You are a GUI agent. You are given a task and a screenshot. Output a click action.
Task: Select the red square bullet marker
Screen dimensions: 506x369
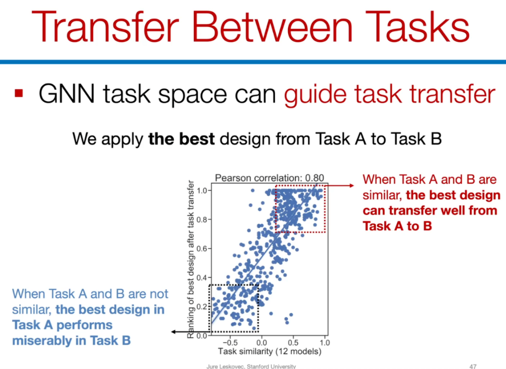tap(19, 93)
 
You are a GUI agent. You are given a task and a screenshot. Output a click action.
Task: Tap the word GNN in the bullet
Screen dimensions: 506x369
tap(67, 94)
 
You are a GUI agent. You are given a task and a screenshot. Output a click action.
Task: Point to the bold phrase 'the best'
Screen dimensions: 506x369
tap(181, 139)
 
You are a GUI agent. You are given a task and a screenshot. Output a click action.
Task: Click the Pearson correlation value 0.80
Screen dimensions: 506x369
tap(314, 178)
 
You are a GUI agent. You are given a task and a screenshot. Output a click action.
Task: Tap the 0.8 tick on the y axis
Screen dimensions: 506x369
tap(202, 220)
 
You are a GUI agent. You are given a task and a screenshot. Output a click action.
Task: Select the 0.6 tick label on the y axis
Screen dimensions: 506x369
tap(202, 249)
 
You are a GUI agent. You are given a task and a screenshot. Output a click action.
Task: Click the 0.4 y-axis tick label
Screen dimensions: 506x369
tap(202, 278)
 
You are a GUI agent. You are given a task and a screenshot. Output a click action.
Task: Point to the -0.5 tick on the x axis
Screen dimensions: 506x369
tap(230, 343)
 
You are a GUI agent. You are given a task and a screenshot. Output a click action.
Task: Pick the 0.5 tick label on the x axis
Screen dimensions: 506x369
tap(293, 343)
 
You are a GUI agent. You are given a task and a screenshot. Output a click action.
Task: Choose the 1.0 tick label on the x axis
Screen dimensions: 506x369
tap(325, 343)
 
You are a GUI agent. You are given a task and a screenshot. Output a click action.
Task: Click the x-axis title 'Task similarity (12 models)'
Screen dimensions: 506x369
tap(269, 352)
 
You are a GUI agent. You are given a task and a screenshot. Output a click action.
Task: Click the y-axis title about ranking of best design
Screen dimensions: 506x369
tap(191, 259)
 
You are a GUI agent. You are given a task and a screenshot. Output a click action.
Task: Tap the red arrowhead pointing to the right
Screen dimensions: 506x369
tap(351, 185)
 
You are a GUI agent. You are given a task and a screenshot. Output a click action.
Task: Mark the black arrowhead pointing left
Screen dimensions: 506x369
tap(174, 332)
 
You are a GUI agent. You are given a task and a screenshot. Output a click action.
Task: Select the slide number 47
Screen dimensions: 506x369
tap(473, 366)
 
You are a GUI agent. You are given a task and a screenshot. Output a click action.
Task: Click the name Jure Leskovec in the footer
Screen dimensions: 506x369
tap(225, 366)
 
